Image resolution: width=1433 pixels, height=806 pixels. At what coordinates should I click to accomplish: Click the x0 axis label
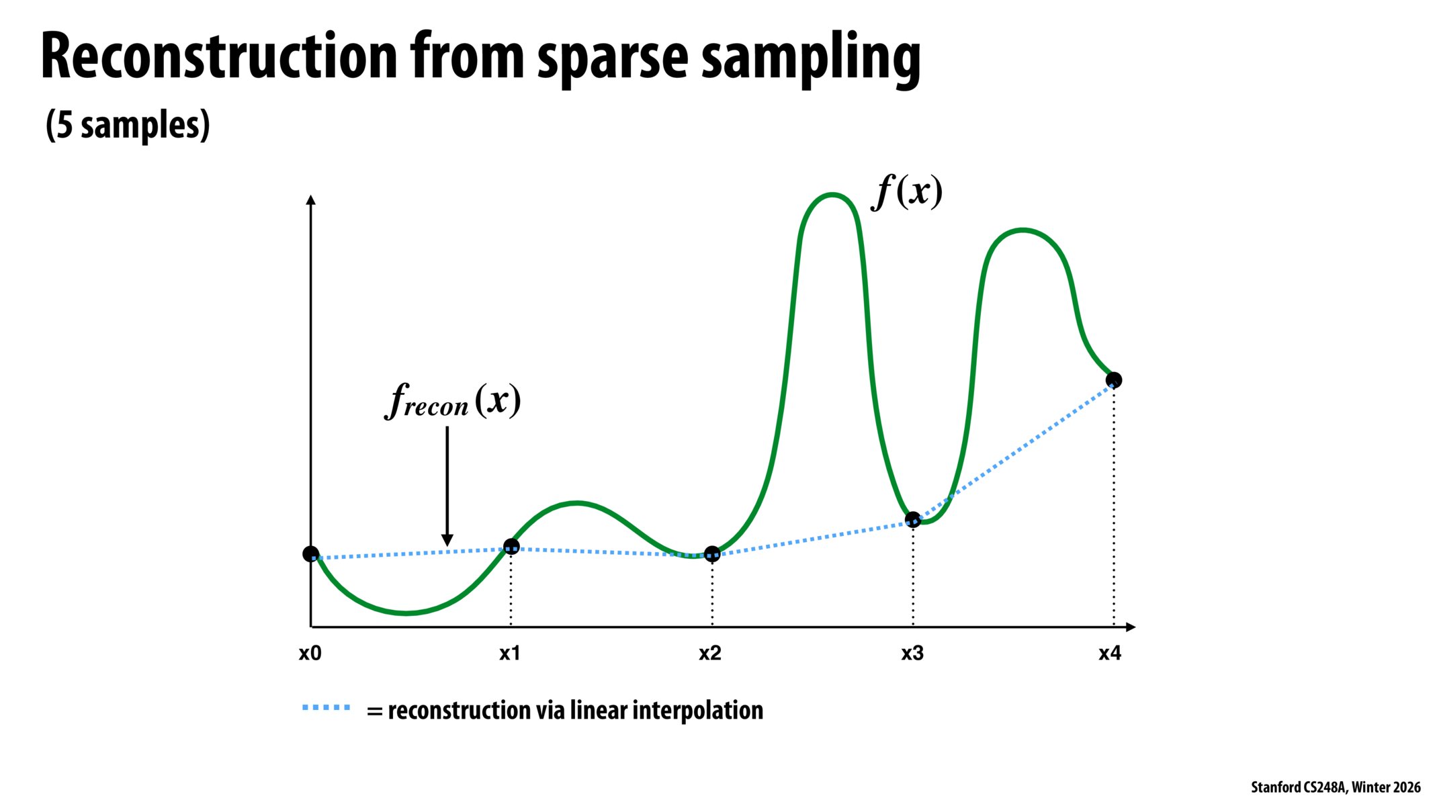(x=310, y=653)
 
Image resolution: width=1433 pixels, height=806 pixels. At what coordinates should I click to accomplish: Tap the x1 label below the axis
(x=510, y=653)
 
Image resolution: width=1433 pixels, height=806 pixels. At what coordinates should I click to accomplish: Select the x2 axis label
(x=710, y=653)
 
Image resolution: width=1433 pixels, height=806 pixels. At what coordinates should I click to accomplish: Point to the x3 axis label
(x=912, y=653)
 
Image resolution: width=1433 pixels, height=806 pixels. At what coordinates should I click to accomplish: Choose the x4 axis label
(x=1110, y=653)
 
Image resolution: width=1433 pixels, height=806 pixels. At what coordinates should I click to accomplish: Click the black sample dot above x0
(x=310, y=554)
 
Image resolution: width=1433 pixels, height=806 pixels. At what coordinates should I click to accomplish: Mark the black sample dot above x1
(x=511, y=547)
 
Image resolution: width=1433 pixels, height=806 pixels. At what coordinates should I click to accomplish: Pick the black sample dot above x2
(x=712, y=554)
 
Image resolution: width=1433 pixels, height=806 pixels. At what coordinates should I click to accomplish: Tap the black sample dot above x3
(x=913, y=519)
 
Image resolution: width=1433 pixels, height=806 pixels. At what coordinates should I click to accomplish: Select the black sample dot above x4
(x=1113, y=380)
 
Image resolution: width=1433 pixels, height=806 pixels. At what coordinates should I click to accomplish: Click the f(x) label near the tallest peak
(x=907, y=192)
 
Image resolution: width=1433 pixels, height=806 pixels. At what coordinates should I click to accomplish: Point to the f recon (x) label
(x=453, y=401)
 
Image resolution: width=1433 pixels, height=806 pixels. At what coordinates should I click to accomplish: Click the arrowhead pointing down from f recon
(x=447, y=540)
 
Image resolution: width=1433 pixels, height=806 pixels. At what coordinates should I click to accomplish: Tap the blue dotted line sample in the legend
(x=327, y=708)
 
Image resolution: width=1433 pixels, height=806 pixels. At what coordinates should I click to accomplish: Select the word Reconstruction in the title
(x=219, y=57)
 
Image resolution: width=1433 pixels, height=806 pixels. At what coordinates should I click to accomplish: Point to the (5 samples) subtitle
(x=128, y=125)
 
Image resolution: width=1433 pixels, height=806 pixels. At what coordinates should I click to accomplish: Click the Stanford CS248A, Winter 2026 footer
(x=1335, y=787)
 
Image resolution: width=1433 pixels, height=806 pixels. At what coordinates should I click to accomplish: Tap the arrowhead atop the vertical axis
(x=310, y=199)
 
